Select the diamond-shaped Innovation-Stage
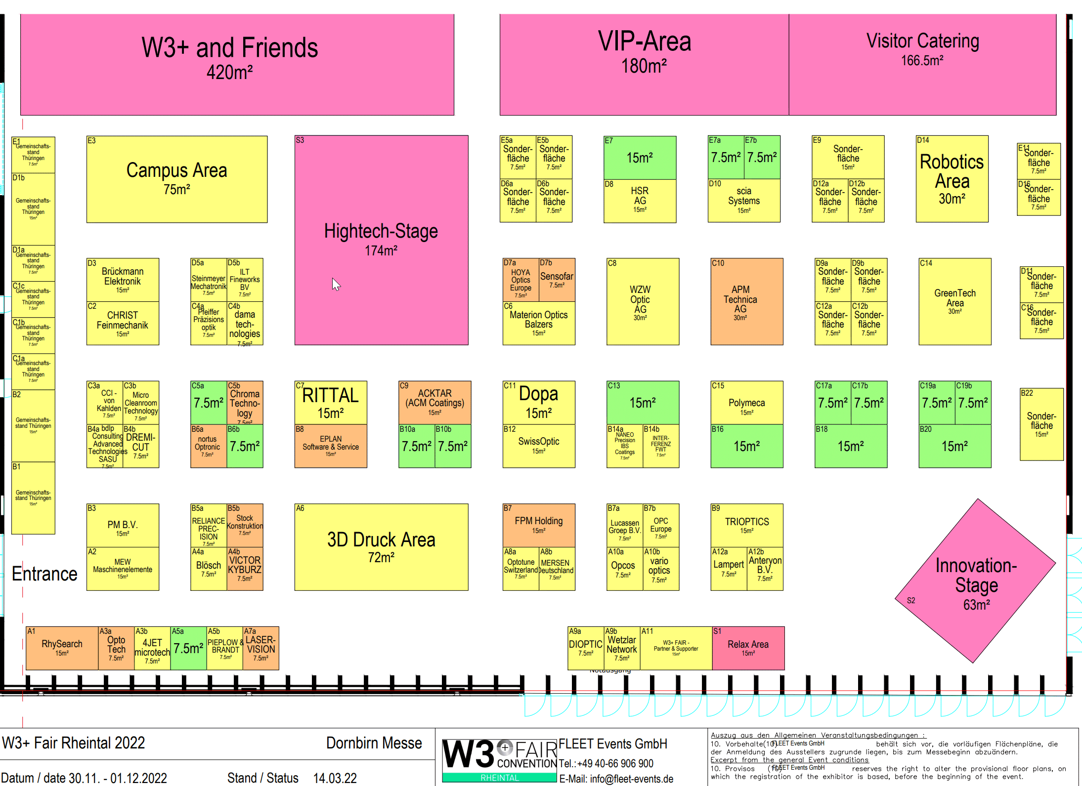click(975, 581)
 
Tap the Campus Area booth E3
click(176, 179)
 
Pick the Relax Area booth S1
click(748, 648)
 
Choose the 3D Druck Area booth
click(381, 547)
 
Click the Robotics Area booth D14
click(952, 179)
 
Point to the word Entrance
click(44, 574)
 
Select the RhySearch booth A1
click(62, 648)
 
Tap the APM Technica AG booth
click(746, 301)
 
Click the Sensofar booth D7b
click(557, 280)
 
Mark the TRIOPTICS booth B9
click(746, 525)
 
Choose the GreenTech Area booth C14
click(954, 301)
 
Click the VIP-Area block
click(644, 64)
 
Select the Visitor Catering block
click(922, 64)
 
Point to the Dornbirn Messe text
click(374, 743)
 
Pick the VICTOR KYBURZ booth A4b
click(245, 569)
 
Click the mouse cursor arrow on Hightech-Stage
click(336, 284)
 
